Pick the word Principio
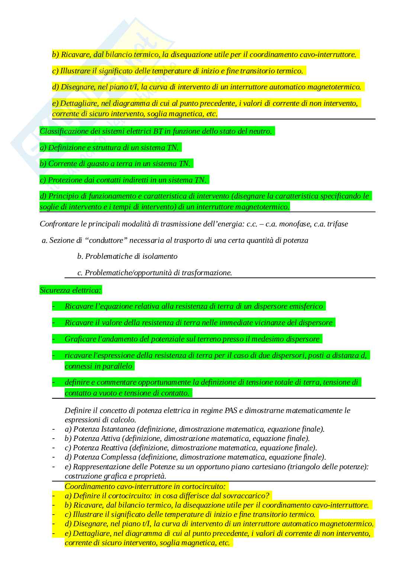click(62, 196)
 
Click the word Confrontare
click(59, 224)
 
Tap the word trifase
click(336, 224)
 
